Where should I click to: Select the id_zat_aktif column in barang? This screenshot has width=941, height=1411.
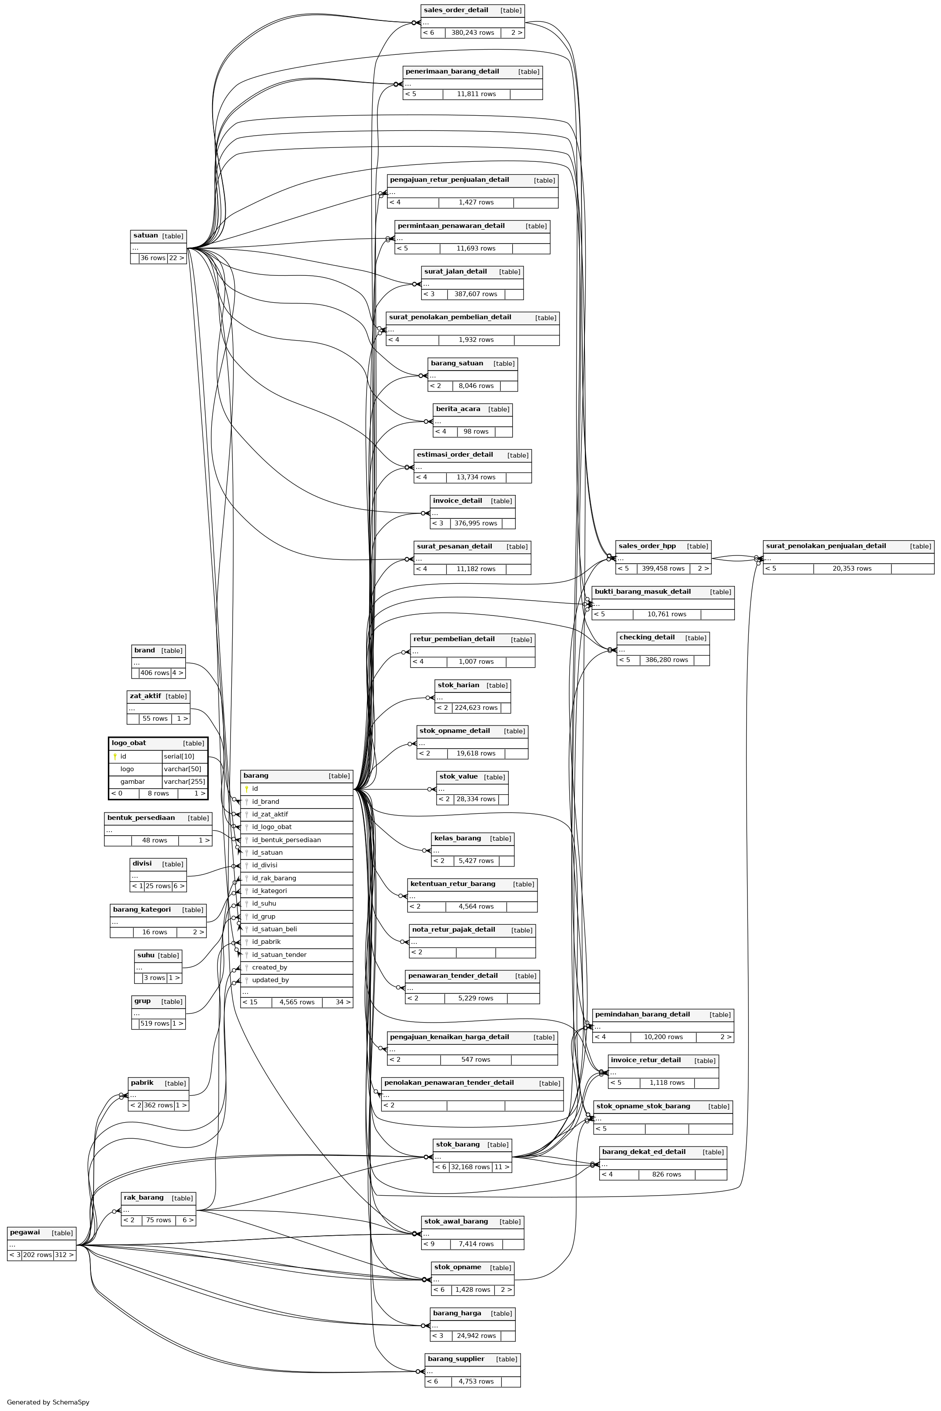[270, 814]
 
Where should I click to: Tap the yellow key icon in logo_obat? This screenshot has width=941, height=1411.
[115, 757]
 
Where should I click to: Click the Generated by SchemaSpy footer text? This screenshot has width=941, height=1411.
[48, 1402]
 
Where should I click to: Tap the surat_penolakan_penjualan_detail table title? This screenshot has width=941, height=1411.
[825, 546]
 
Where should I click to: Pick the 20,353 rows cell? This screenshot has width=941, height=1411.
[851, 568]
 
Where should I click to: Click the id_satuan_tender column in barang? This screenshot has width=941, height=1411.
[279, 954]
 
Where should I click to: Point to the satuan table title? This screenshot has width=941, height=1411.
[145, 236]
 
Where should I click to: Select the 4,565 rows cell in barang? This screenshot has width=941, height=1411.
[297, 1002]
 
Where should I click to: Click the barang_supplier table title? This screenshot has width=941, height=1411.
[455, 1359]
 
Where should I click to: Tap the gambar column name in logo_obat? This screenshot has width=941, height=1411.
[132, 782]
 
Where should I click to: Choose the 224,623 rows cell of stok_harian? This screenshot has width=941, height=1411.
[476, 708]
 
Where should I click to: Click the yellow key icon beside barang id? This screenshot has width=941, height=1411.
[246, 789]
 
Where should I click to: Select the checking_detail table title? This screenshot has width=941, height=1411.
[646, 637]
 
